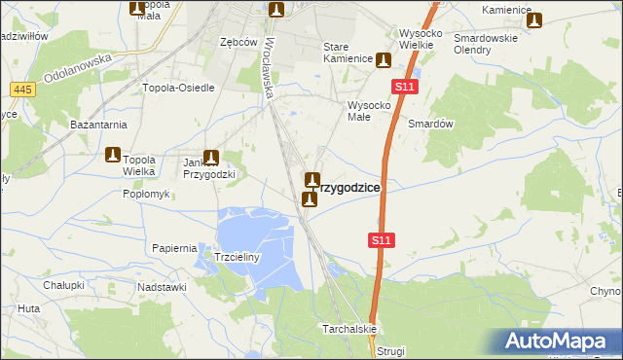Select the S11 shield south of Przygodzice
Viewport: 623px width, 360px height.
(x=381, y=239)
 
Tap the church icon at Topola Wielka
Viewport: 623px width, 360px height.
(x=113, y=155)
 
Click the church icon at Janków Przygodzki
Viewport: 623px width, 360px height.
(x=210, y=156)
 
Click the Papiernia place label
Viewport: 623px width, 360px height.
(x=175, y=248)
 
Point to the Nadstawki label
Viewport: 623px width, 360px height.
(x=162, y=287)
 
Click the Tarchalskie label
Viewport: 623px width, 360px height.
(x=349, y=329)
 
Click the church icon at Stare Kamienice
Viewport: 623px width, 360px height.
(x=385, y=59)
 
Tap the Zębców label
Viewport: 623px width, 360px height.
(x=238, y=43)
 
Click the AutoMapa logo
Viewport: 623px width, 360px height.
(x=559, y=342)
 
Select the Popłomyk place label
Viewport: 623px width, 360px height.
(x=146, y=194)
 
